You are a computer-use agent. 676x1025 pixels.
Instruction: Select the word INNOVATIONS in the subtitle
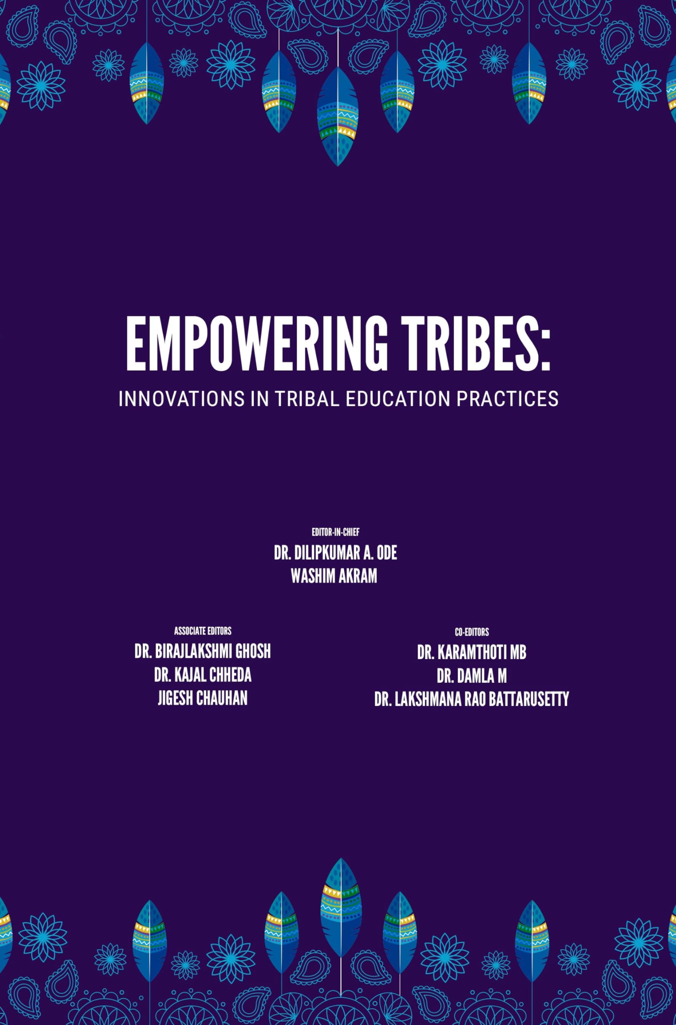coord(181,399)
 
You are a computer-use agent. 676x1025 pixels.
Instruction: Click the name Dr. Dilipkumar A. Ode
coord(335,553)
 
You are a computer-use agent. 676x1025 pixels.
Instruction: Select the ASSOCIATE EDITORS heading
coord(203,631)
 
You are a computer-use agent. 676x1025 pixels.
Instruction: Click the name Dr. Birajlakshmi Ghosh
coord(203,652)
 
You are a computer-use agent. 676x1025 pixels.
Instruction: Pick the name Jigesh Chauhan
coord(203,699)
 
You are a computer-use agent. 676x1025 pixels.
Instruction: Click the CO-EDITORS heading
coord(471,632)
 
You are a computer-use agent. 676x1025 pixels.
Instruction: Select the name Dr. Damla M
coord(471,676)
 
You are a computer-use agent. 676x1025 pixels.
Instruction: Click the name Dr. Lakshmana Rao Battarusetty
coord(471,699)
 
